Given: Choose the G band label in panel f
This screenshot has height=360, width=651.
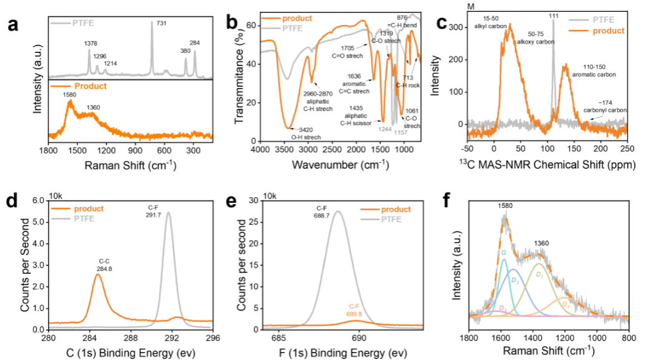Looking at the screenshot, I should (503, 253).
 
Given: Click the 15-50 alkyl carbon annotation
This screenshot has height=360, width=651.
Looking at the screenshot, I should (512, 40).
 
